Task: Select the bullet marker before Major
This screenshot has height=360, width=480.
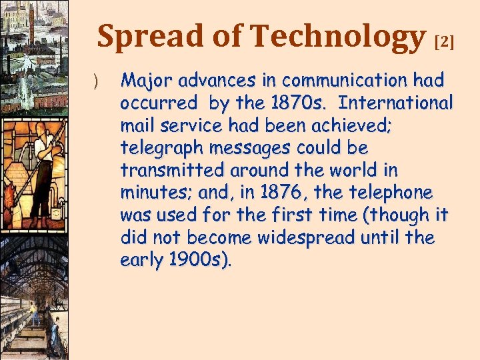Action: (95, 82)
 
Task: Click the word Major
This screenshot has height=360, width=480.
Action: (142, 81)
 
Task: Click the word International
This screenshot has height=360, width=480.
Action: (396, 104)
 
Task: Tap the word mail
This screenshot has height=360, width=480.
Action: (136, 126)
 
